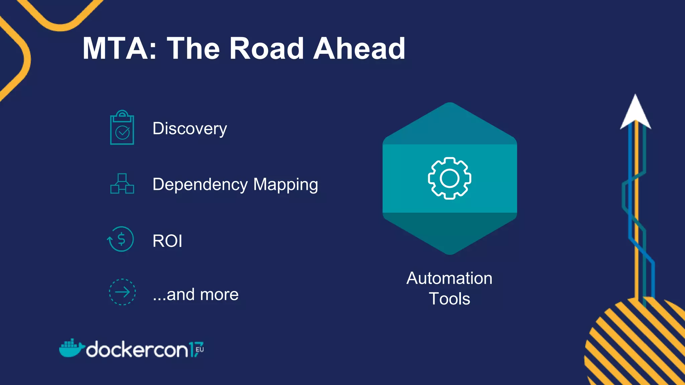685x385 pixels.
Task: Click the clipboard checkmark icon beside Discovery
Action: pyautogui.click(x=122, y=128)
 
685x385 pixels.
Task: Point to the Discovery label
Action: pyautogui.click(x=190, y=129)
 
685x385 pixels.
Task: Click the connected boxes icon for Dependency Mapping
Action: pyautogui.click(x=122, y=183)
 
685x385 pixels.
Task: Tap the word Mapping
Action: pyautogui.click(x=286, y=185)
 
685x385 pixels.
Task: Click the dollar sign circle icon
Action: pyautogui.click(x=121, y=239)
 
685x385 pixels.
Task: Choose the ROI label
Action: pyautogui.click(x=167, y=241)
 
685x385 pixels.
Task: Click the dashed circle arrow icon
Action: pyautogui.click(x=122, y=292)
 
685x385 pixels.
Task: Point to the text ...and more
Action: pyautogui.click(x=196, y=294)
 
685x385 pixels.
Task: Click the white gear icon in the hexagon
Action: pyautogui.click(x=450, y=178)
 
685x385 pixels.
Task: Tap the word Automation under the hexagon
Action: pyautogui.click(x=449, y=278)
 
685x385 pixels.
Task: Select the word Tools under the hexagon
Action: pyautogui.click(x=450, y=299)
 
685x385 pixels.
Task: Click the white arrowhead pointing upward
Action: pyautogui.click(x=635, y=112)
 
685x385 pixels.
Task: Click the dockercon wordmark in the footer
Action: pyautogui.click(x=137, y=350)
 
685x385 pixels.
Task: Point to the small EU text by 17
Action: pyautogui.click(x=200, y=350)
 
